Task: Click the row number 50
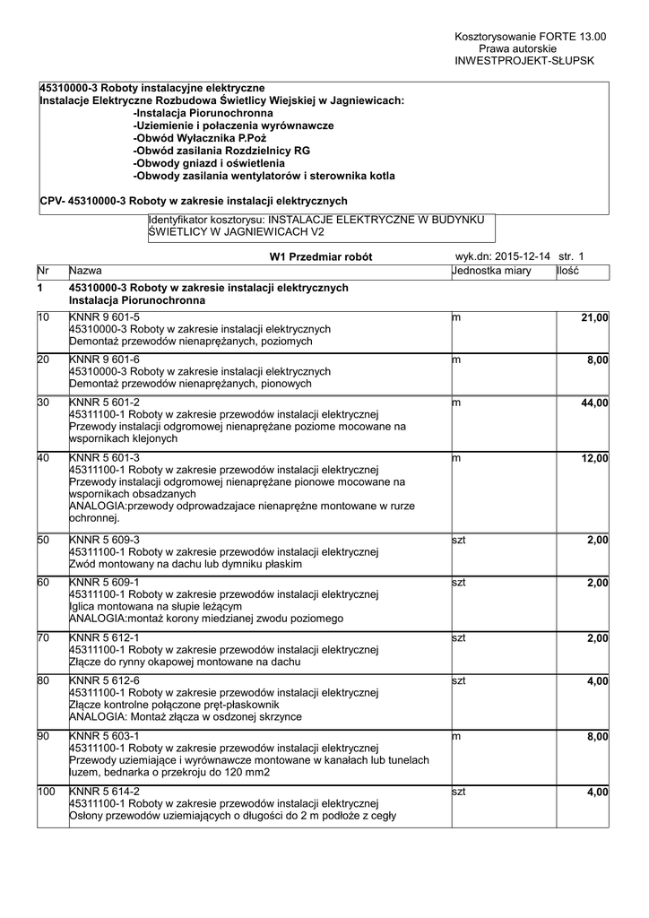(x=44, y=540)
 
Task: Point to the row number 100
(x=47, y=792)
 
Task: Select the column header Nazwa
(x=85, y=271)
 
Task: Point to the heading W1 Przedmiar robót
(x=320, y=257)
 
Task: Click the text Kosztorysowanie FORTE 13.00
(x=531, y=36)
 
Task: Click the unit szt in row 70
(x=459, y=637)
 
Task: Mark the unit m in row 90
(x=456, y=736)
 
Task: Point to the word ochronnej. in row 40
(x=94, y=518)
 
